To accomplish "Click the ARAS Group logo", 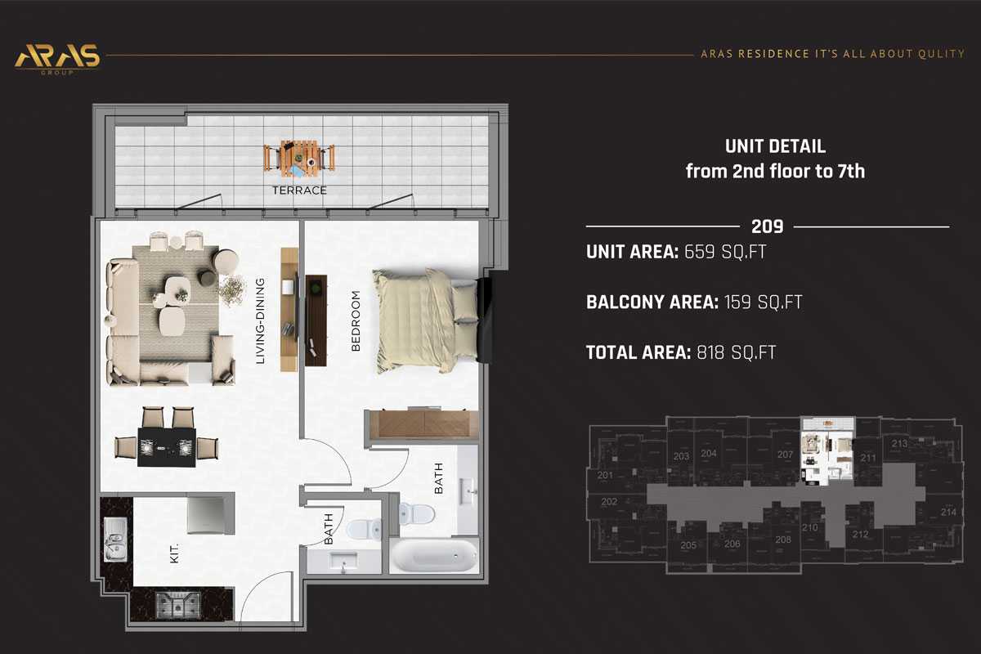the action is [57, 59].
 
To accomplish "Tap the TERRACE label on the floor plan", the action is [299, 190].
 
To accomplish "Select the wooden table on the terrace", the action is [299, 158].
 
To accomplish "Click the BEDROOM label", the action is [356, 320].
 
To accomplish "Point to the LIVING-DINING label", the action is [260, 320].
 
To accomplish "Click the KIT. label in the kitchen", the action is [174, 553].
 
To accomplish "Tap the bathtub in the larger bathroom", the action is [434, 555].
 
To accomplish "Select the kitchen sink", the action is [115, 540].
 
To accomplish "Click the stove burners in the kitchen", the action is [178, 605].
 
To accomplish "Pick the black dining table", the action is [167, 447].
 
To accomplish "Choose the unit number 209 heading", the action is [768, 226].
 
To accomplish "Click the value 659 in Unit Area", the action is [699, 252].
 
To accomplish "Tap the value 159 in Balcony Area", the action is [737, 302].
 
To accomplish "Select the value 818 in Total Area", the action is [710, 352].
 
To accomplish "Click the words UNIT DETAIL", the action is [775, 146].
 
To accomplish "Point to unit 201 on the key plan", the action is [605, 475].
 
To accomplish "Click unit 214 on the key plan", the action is [948, 512].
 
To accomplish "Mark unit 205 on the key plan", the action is [688, 545].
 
